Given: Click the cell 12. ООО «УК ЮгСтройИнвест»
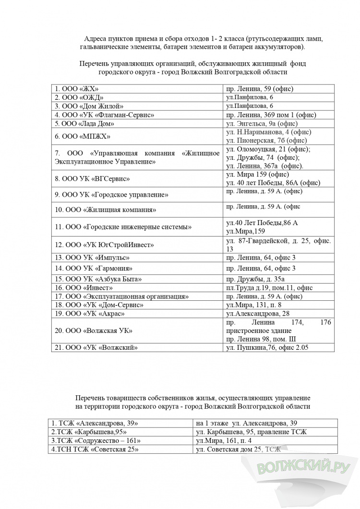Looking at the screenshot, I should point(105,245).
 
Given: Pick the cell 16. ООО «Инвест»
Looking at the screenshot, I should point(84,288).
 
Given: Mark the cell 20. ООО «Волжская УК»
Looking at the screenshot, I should point(94,331).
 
